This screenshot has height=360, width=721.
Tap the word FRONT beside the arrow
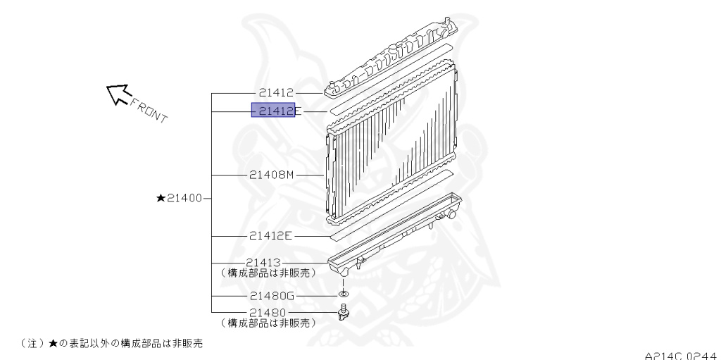[149, 110]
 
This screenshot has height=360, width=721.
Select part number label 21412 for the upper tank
[276, 93]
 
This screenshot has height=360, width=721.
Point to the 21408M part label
[271, 175]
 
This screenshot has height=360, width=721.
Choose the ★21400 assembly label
[180, 198]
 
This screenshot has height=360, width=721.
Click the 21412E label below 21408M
[270, 236]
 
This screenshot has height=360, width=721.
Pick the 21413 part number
[263, 262]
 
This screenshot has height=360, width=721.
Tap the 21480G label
[272, 296]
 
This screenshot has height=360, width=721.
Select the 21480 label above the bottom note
[268, 313]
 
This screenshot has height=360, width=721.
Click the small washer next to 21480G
[343, 294]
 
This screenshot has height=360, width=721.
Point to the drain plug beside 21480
[343, 312]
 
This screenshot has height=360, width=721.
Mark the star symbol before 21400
[161, 198]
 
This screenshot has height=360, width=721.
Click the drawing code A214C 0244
[682, 356]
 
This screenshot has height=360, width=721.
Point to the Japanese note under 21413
[268, 273]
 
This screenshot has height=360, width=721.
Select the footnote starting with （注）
[111, 343]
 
